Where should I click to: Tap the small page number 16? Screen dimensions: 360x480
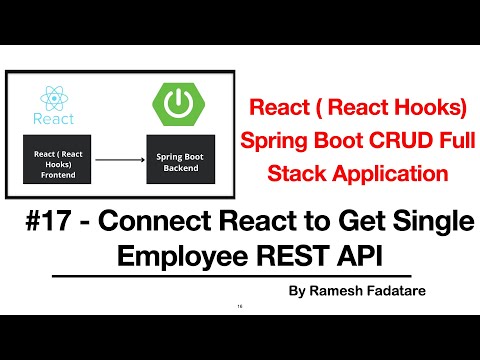click(240, 306)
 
